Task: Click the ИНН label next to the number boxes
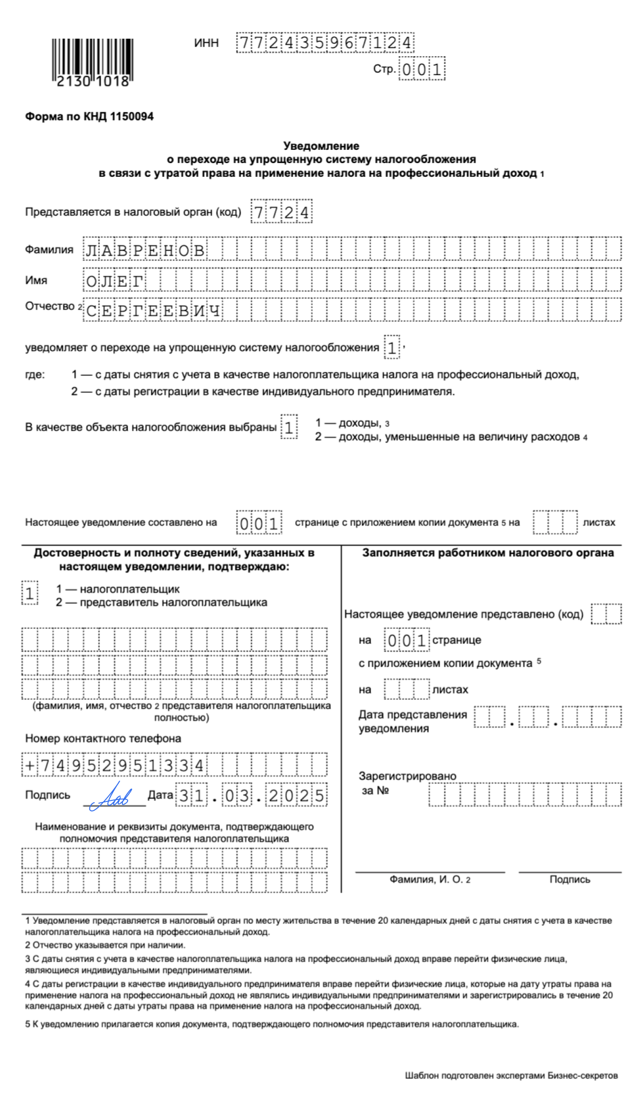(x=206, y=43)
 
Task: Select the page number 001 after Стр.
(x=422, y=69)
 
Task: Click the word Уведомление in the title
(x=321, y=146)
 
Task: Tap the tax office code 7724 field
(x=281, y=212)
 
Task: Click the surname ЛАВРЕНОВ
(x=145, y=250)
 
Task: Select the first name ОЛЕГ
(x=114, y=281)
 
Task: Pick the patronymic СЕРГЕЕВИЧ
(x=153, y=311)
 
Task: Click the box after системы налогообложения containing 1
(x=392, y=347)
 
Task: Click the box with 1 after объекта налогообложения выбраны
(x=289, y=427)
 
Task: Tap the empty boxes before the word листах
(x=555, y=522)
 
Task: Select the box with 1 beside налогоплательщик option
(x=30, y=593)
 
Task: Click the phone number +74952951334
(x=114, y=765)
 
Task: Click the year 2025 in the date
(x=296, y=795)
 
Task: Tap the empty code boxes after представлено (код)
(x=606, y=614)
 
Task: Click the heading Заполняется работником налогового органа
(x=487, y=553)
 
